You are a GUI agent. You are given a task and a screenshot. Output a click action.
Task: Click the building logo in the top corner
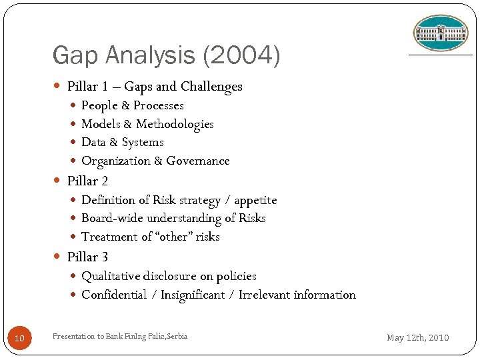pos(441,33)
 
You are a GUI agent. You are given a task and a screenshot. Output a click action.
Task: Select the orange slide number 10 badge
pos(19,338)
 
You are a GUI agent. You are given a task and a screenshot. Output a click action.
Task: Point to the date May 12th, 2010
pos(418,337)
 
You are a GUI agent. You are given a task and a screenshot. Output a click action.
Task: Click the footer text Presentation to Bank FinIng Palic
pos(120,336)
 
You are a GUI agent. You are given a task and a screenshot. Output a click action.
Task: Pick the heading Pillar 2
pos(87,181)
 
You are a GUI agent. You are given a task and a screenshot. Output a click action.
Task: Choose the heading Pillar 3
pos(87,257)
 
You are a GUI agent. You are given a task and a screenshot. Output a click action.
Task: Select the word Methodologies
pos(175,124)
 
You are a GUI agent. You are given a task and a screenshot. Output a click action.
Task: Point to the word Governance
pos(198,161)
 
